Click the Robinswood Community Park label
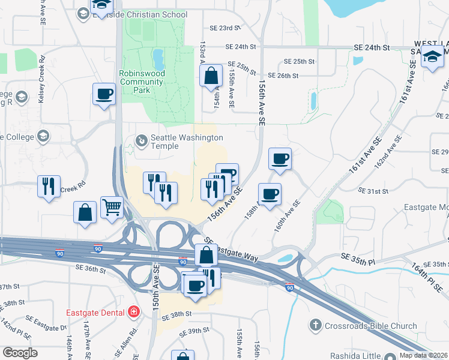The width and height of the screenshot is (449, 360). pyautogui.click(x=142, y=82)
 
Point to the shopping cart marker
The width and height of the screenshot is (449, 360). pyautogui.click(x=112, y=208)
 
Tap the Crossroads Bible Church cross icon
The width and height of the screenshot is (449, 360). pyautogui.click(x=315, y=326)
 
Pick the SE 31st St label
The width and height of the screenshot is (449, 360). pyautogui.click(x=373, y=191)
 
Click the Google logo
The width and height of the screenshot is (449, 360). pyautogui.click(x=19, y=353)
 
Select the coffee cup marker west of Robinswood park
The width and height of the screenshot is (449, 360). pyautogui.click(x=104, y=94)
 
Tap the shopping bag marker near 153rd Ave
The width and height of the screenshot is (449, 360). pyautogui.click(x=211, y=76)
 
